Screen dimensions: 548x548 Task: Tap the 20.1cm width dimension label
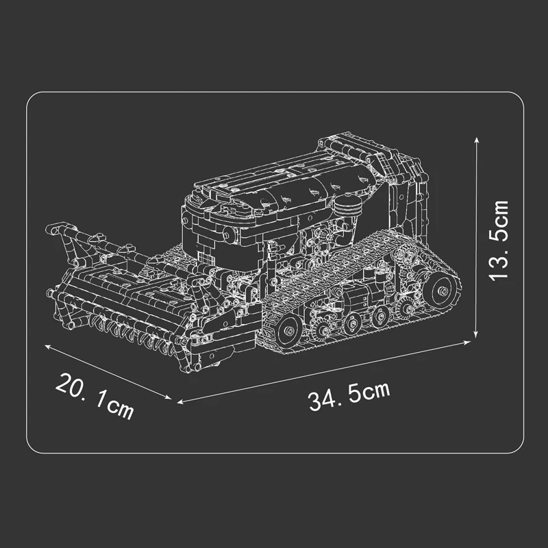[95, 396]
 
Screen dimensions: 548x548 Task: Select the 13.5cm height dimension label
[499, 241]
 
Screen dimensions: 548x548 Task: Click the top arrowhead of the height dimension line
[476, 140]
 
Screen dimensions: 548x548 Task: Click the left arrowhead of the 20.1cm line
[47, 347]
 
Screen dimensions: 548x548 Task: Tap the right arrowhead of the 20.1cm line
[169, 397]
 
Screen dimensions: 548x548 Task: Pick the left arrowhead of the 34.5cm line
[180, 402]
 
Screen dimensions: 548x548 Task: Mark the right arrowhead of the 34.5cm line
[467, 342]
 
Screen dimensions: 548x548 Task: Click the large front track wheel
[288, 330]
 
